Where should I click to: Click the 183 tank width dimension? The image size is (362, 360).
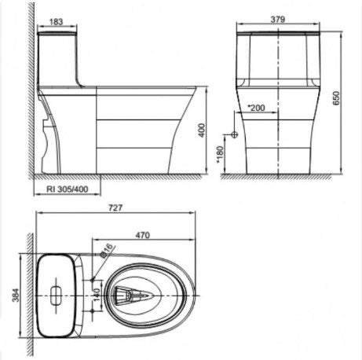57,22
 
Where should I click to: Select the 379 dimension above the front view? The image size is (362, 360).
278,20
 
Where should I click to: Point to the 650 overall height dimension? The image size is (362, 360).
336,98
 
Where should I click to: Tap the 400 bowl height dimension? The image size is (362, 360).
202,130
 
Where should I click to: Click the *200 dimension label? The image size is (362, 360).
256,108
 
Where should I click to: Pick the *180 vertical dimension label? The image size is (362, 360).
220,155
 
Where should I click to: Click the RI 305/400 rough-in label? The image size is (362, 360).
68,189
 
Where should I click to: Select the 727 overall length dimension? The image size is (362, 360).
115,208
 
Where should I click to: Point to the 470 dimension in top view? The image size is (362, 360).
143,235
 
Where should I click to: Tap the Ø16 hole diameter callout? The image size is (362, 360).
107,251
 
